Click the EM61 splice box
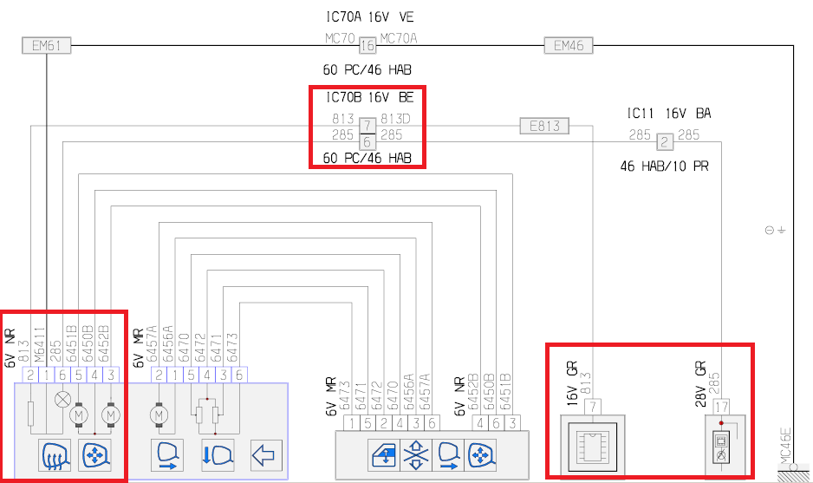[x=45, y=46]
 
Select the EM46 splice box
[x=569, y=46]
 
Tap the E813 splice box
[x=543, y=127]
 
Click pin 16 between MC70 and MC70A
[x=367, y=46]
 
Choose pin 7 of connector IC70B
[x=367, y=127]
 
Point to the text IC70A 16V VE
[x=371, y=16]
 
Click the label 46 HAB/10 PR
[x=664, y=166]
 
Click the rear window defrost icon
[x=55, y=454]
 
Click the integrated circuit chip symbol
[x=594, y=442]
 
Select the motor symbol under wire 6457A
[x=159, y=414]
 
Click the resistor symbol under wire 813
[x=30, y=413]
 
